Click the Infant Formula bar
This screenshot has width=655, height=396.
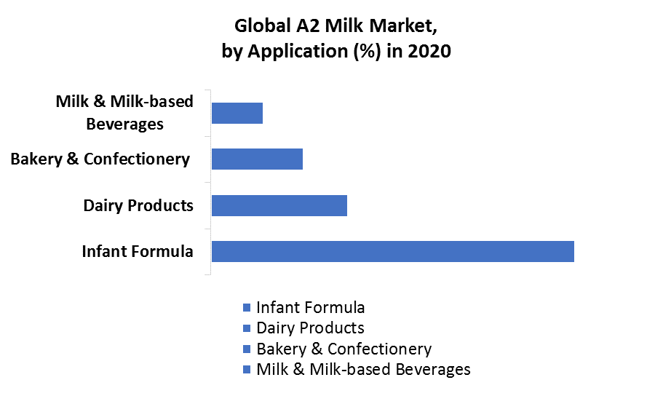pyautogui.click(x=393, y=251)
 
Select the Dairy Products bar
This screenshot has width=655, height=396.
pyautogui.click(x=279, y=205)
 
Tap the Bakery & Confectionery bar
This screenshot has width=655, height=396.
pyautogui.click(x=258, y=159)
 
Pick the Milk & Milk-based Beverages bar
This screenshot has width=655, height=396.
pyautogui.click(x=237, y=114)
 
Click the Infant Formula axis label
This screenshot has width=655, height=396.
pyautogui.click(x=138, y=251)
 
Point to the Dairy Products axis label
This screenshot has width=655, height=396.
pyautogui.click(x=138, y=205)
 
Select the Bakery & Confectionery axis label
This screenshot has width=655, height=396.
pyautogui.click(x=100, y=159)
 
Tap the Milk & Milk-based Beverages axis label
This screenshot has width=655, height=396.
pyautogui.click(x=124, y=113)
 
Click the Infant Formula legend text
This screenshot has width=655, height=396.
pyautogui.click(x=310, y=307)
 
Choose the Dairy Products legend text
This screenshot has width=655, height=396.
pyautogui.click(x=310, y=328)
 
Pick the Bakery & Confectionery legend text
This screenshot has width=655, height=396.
pyautogui.click(x=344, y=349)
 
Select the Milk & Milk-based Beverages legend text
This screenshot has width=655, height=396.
pyautogui.click(x=363, y=369)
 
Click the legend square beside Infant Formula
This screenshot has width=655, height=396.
pyautogui.click(x=247, y=308)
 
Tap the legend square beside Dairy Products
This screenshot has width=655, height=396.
pyautogui.click(x=247, y=328)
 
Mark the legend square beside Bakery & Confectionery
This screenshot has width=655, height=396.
pyautogui.click(x=247, y=349)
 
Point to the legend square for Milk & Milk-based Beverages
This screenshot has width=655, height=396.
pyautogui.click(x=247, y=370)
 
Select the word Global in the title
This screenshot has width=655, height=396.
pyautogui.click(x=262, y=26)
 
